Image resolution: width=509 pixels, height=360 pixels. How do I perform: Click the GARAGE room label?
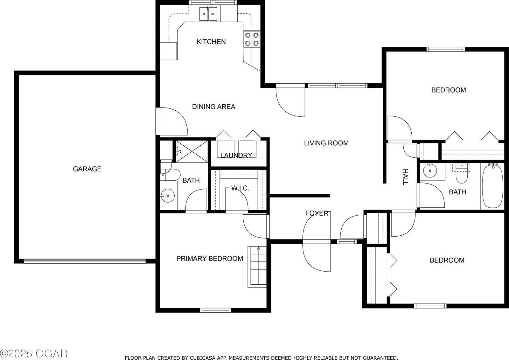point(87,169)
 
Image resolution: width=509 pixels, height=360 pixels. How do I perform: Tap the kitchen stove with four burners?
point(252,39)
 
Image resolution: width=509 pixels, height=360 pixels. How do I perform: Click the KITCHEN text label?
point(211,42)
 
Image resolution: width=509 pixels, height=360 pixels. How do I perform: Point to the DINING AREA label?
point(213,107)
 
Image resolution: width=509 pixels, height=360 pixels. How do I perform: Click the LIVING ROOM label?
point(326,143)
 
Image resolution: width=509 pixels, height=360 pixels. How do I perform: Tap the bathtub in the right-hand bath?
point(493,186)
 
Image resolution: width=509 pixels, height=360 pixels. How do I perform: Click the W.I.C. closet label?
point(240,188)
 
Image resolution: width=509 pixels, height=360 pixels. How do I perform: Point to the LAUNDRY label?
point(236,155)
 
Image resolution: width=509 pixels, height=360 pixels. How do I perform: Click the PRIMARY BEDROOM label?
point(210,259)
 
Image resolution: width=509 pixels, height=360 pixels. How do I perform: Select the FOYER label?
point(317,213)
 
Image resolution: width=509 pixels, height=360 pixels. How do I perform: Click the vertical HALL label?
point(405,177)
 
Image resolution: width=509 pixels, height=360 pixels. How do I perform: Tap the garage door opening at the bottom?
point(85,261)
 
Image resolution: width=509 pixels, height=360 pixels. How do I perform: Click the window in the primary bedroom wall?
point(215,310)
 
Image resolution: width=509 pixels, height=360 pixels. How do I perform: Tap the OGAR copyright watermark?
point(33,353)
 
